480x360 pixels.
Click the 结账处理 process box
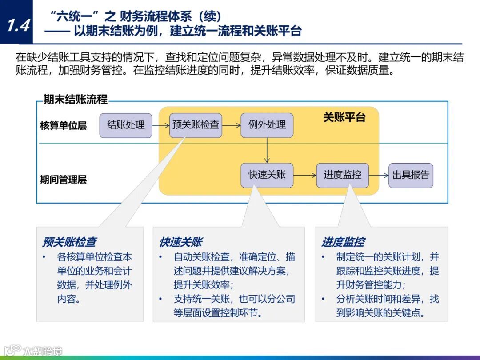[x=126, y=125]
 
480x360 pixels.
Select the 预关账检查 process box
[x=196, y=125]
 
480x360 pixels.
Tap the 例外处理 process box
[x=267, y=125]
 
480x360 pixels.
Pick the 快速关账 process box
[x=267, y=175]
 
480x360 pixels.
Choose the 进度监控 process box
[x=342, y=175]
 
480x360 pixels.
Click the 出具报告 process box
[x=411, y=175]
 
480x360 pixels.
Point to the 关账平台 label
[x=344, y=117]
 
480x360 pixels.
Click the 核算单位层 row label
[x=63, y=126]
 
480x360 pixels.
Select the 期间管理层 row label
[x=63, y=180]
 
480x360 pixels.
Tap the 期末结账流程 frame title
[x=75, y=100]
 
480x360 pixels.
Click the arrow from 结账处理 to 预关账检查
[x=160, y=125]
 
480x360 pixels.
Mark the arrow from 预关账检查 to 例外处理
[x=231, y=125]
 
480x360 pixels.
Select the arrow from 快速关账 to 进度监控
[x=304, y=175]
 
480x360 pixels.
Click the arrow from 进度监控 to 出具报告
[x=378, y=175]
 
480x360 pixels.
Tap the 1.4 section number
[x=18, y=26]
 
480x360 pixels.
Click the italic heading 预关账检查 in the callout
[x=69, y=242]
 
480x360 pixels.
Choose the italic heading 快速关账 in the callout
[x=181, y=242]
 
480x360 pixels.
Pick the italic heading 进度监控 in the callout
[x=343, y=242]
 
